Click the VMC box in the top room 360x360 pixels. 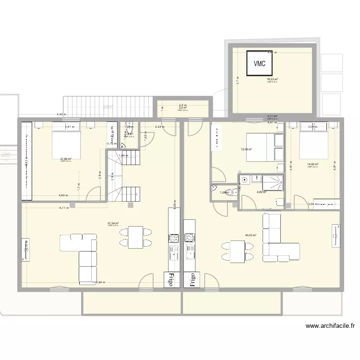coord(260,63)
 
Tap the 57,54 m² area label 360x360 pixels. coord(113,223)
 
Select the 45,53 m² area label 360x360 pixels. coord(251,235)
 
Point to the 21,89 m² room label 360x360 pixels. coord(66,159)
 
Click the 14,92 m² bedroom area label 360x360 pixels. coord(313,164)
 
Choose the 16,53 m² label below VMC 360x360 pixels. coord(273,80)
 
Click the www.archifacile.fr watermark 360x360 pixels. coord(331,326)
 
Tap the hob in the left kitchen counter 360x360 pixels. coord(173,238)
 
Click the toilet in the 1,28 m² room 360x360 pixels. coord(231,192)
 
